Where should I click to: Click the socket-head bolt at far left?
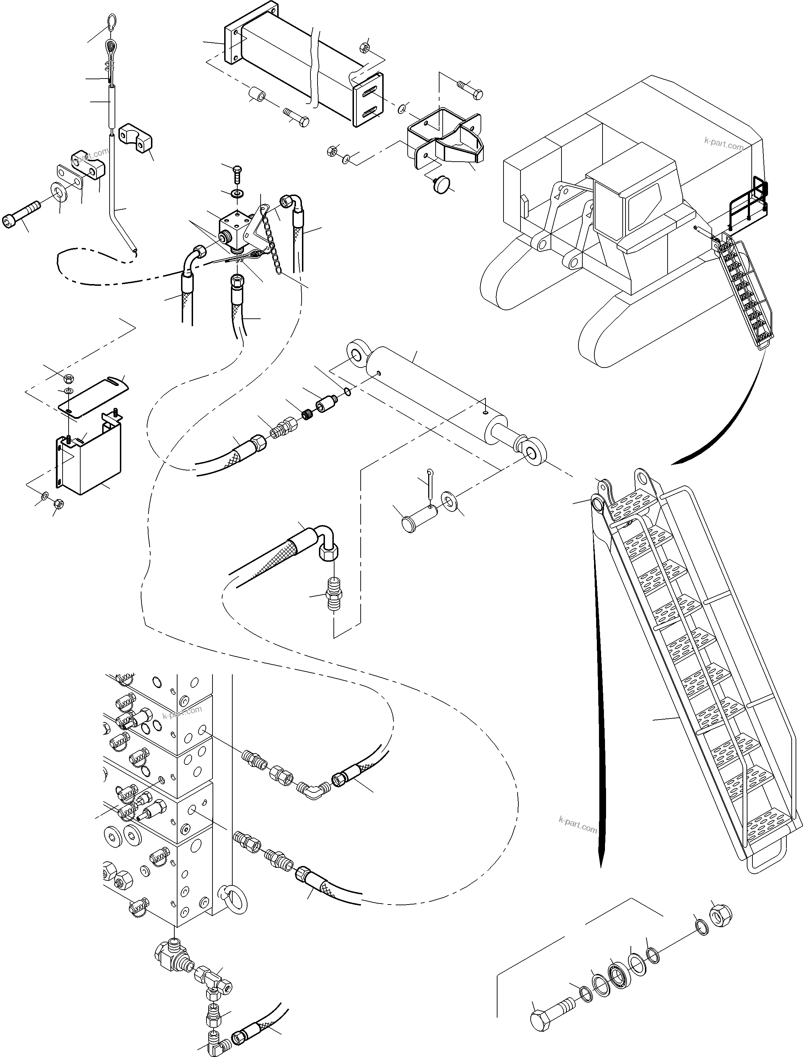(x=20, y=217)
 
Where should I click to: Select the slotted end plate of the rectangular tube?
(x=368, y=100)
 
